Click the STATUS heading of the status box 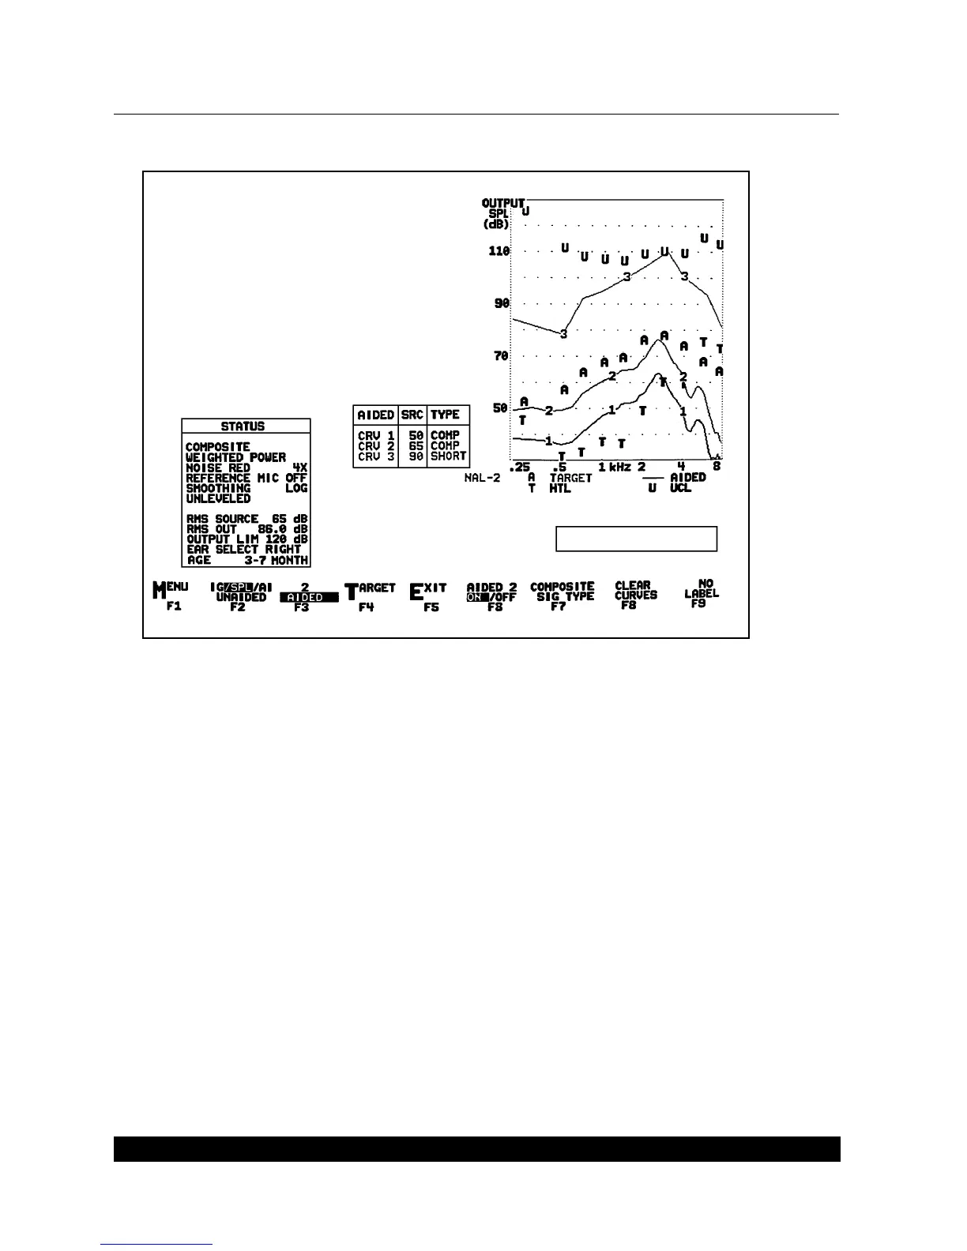coord(243,426)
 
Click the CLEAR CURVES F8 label coord(635,595)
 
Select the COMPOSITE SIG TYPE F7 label coord(562,596)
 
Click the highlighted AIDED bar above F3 coord(309,598)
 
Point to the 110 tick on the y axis coord(499,251)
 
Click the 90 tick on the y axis coord(501,303)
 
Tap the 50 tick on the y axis coord(501,408)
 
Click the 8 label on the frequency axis coord(717,467)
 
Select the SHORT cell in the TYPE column coord(448,456)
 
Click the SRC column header coord(412,415)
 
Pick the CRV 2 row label coord(376,446)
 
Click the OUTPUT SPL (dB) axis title coord(502,213)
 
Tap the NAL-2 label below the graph coord(482,479)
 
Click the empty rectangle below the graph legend coord(636,539)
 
